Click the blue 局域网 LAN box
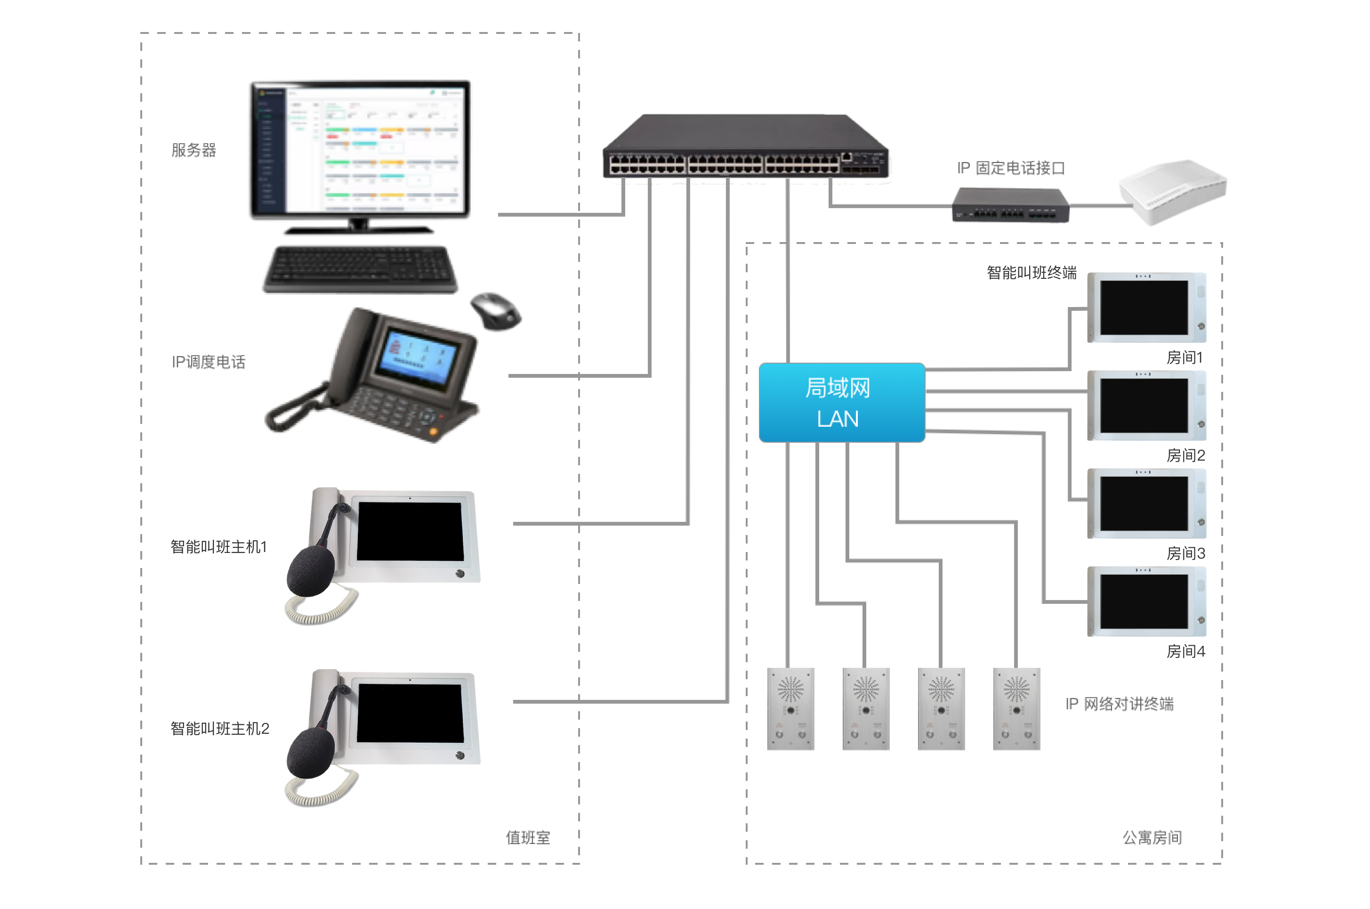(x=841, y=402)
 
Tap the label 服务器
(x=193, y=150)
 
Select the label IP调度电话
(x=209, y=362)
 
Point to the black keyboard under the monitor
(x=361, y=269)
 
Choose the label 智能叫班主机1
(x=218, y=547)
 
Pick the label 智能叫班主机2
(x=220, y=729)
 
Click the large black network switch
(x=745, y=147)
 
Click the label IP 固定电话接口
(x=1011, y=168)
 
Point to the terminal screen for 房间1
(x=1144, y=307)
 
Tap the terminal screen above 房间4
(x=1144, y=601)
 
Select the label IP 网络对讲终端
(x=1120, y=704)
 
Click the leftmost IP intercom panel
(x=790, y=708)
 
